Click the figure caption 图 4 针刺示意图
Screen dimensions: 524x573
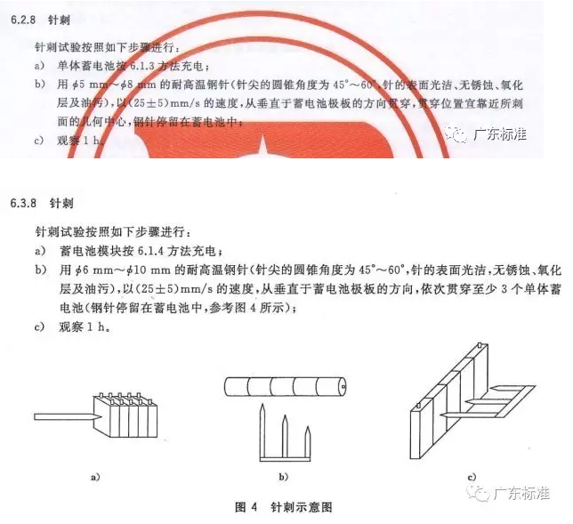pos(286,506)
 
